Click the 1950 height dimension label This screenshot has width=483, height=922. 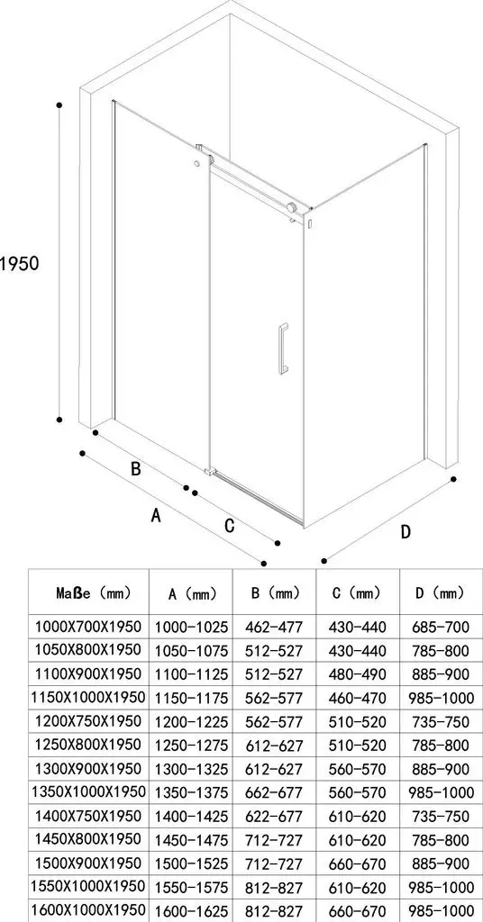click(19, 263)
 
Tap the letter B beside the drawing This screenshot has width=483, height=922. click(135, 468)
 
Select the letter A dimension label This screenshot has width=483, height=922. click(156, 515)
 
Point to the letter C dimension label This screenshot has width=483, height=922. click(230, 525)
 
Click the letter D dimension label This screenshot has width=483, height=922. click(406, 531)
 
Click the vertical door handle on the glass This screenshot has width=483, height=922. click(283, 348)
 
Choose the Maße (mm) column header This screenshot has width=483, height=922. click(94, 592)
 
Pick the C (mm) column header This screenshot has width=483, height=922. click(356, 593)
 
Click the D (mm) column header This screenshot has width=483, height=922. click(442, 592)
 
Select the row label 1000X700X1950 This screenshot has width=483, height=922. click(88, 627)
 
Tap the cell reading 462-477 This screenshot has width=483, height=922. click(274, 628)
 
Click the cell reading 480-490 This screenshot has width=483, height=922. click(358, 674)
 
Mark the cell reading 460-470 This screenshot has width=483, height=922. click(358, 698)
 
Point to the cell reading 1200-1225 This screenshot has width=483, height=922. click(191, 721)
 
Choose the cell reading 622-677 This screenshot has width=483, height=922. click(274, 816)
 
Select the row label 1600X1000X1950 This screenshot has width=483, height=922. click(88, 909)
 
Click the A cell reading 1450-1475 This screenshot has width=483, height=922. click(191, 840)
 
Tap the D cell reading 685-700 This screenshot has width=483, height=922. click(442, 628)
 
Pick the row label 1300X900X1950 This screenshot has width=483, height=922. click(88, 769)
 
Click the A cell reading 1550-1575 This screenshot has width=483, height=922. click(191, 887)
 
